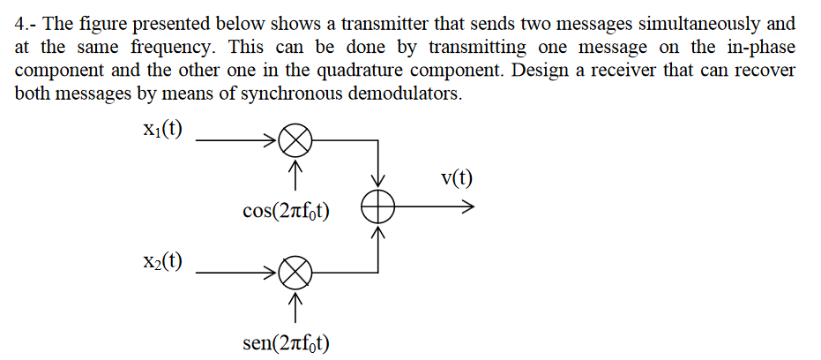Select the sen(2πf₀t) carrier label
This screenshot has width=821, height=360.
[286, 342]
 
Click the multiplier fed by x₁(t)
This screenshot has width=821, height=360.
[295, 139]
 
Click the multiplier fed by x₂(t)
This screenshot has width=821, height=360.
[295, 274]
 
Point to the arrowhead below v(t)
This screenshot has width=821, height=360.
[467, 208]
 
